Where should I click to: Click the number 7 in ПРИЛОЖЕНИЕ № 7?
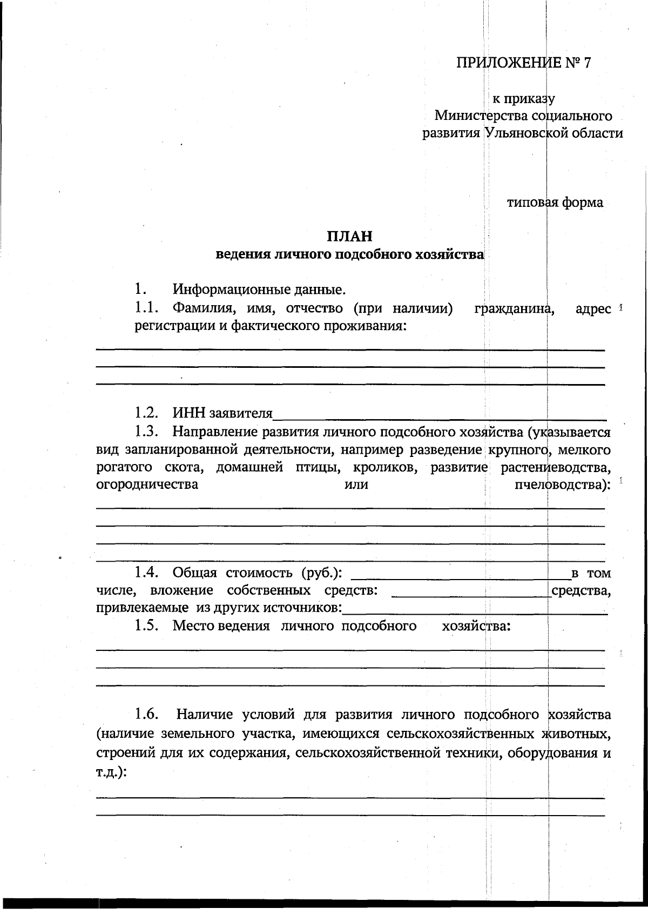click(587, 63)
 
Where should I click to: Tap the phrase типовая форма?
click(555, 203)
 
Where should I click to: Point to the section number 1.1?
click(146, 308)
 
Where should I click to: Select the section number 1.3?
click(146, 432)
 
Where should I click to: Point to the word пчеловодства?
click(562, 485)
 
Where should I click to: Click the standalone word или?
click(356, 485)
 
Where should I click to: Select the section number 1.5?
click(146, 626)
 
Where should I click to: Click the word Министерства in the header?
click(481, 116)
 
